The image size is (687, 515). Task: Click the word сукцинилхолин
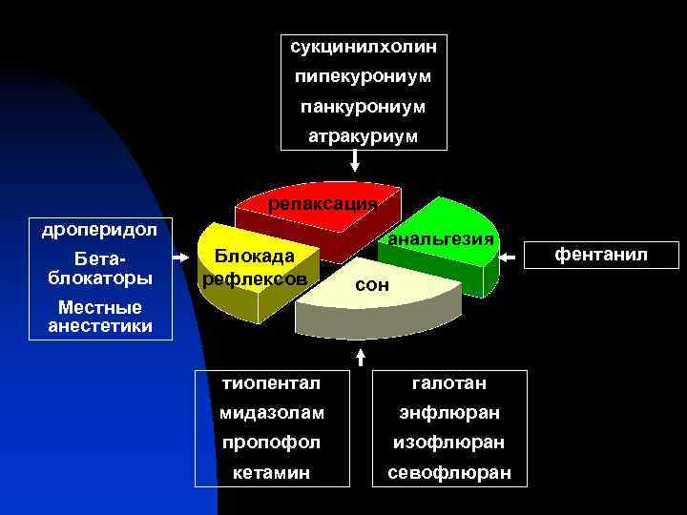363,45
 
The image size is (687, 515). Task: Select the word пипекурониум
363,75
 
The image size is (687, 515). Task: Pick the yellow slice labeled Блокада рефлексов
254,268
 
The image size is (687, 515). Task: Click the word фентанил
601,255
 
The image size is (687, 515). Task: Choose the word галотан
448,382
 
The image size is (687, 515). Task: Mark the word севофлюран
448,474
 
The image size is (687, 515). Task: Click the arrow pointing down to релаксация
356,162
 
